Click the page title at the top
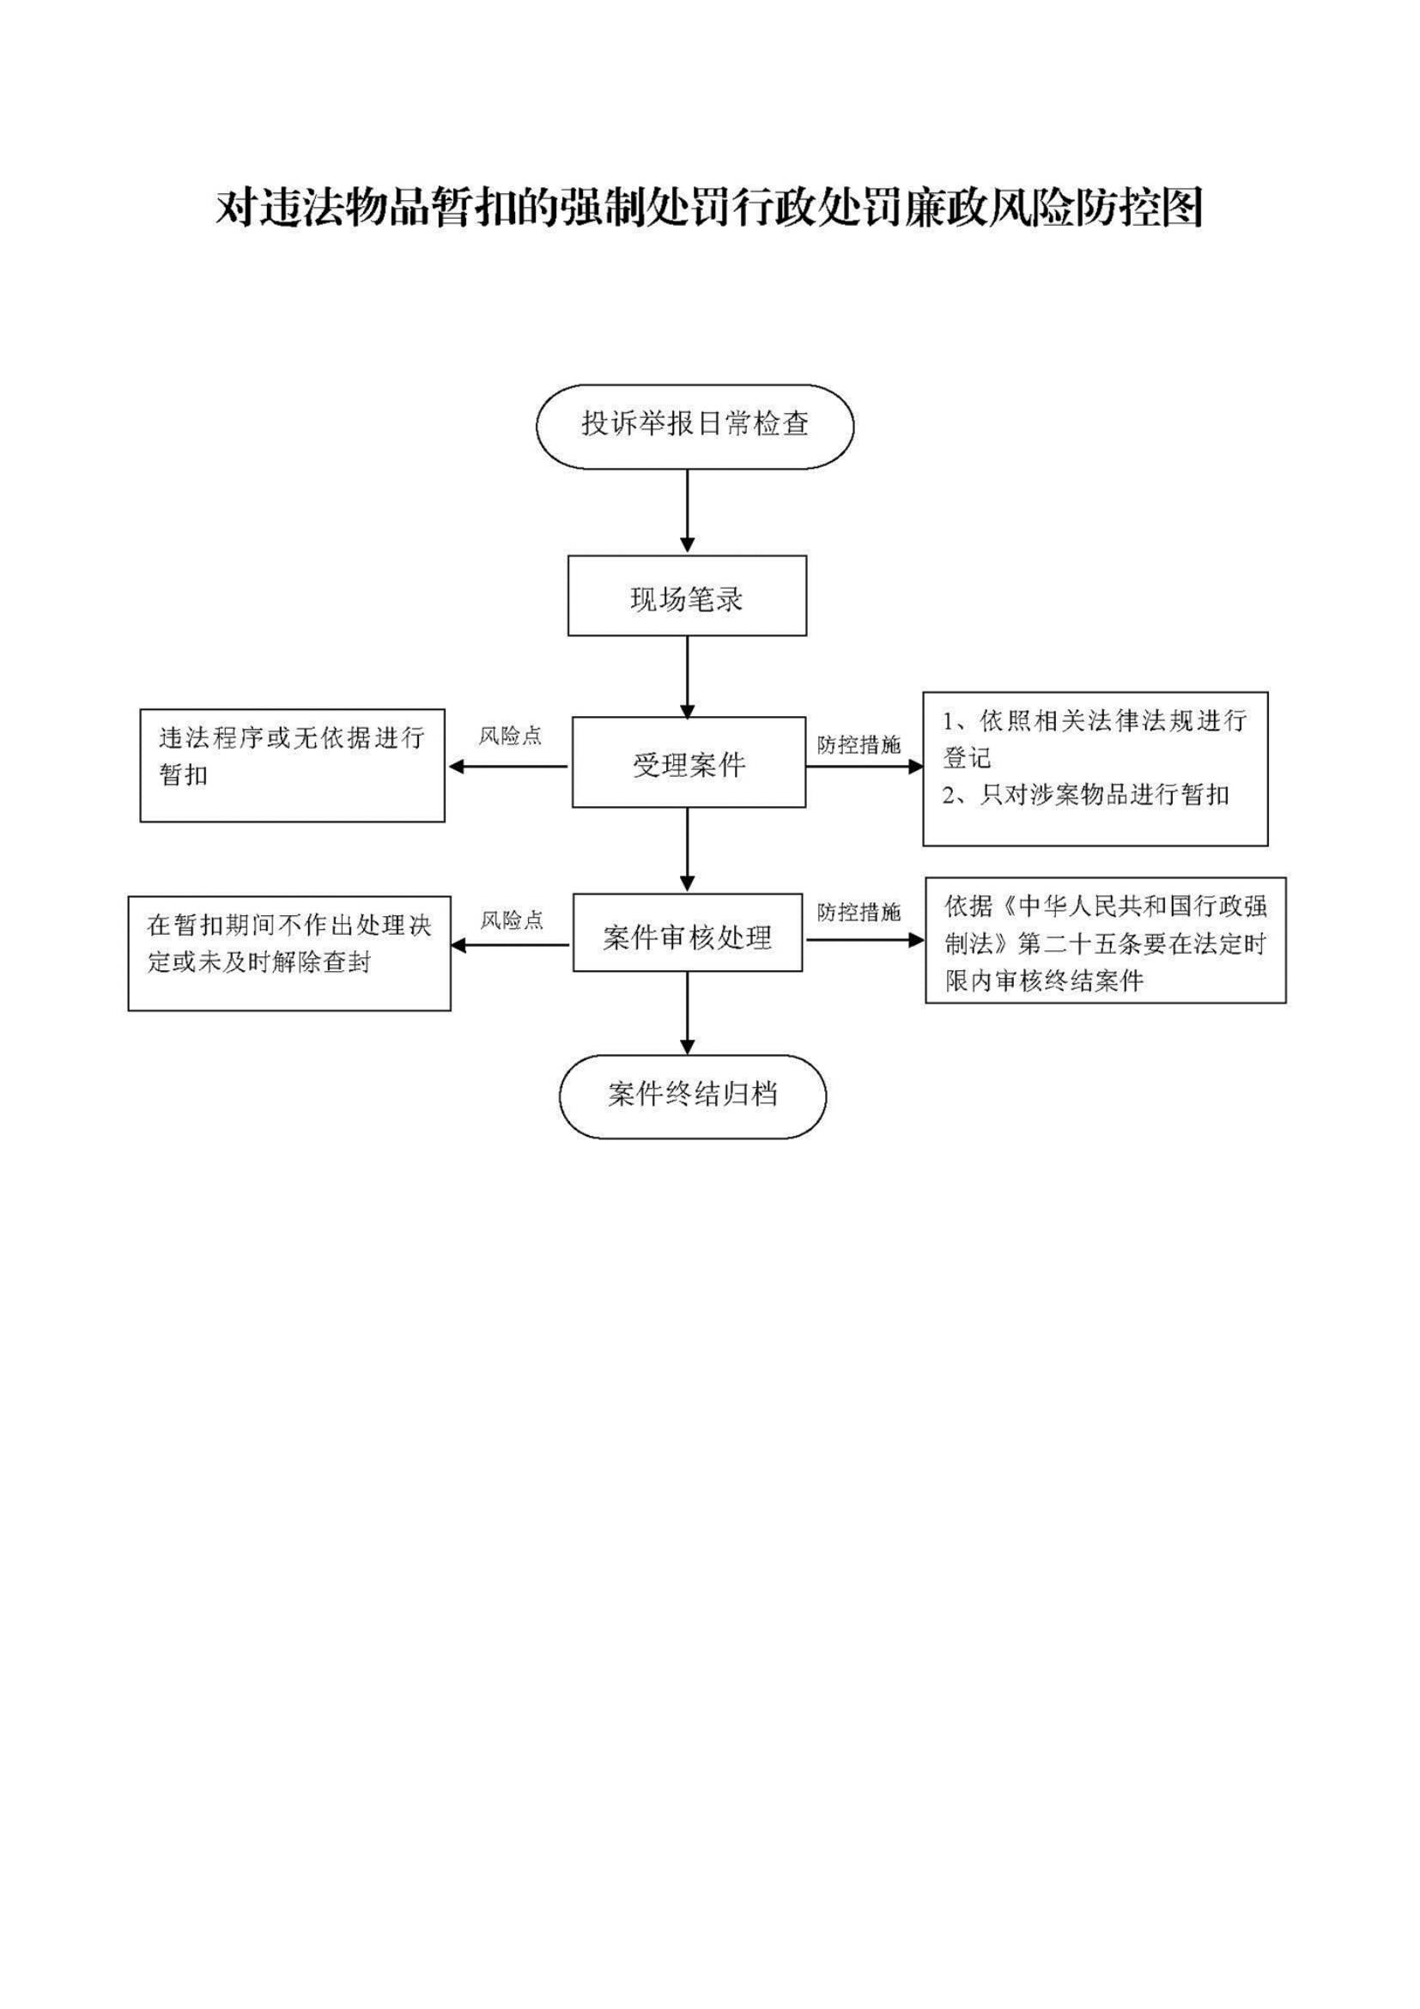coord(709,209)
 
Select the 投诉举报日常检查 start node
coord(695,426)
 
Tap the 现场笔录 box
coord(687,595)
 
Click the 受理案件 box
coord(689,762)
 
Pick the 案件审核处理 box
coord(688,932)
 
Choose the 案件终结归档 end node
coord(693,1096)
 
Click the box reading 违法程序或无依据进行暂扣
coord(292,766)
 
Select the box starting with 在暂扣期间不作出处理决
coord(289,954)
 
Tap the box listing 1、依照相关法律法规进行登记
coord(1095,769)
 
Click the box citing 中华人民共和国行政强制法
coord(1106,941)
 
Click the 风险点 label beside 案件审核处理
coord(512,920)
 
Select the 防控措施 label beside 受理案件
coord(859,744)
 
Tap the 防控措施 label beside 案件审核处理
coord(859,913)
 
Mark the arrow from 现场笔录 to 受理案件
coord(687,677)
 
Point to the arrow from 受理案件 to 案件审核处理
coord(687,850)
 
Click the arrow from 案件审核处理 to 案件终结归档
coord(687,1013)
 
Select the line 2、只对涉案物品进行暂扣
coord(1086,795)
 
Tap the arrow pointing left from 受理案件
coord(508,767)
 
